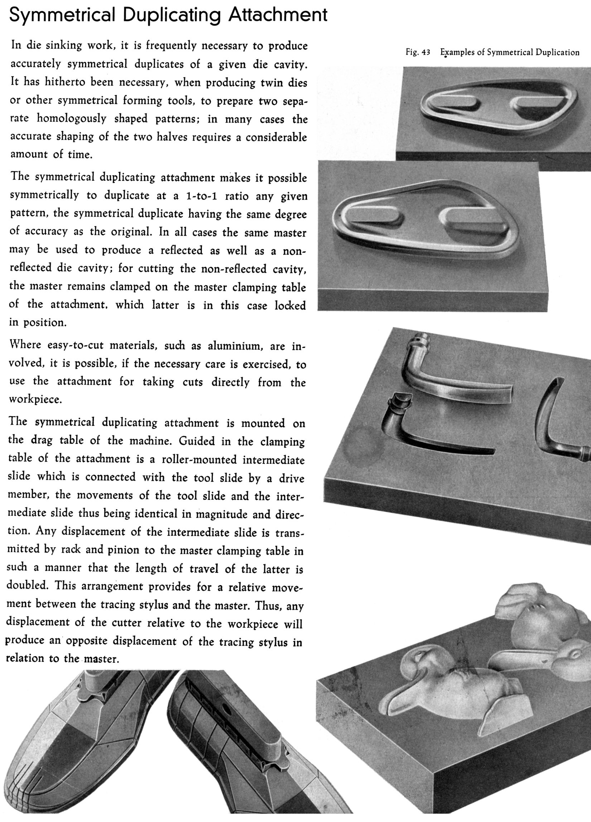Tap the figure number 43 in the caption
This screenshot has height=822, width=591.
pyautogui.click(x=426, y=53)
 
